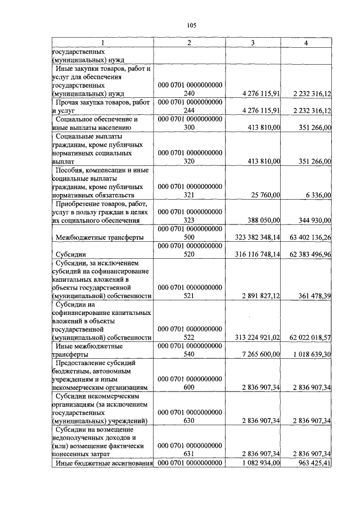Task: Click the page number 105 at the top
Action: pyautogui.click(x=191, y=25)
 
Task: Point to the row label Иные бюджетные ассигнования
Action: pyautogui.click(x=103, y=463)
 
